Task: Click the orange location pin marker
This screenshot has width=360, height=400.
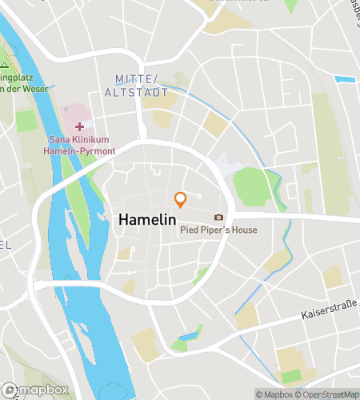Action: coord(181,199)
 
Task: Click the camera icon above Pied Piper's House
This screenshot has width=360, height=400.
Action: coord(218,218)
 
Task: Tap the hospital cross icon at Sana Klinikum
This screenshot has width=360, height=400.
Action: coord(79,126)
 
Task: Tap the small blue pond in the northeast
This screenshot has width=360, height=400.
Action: coord(344,79)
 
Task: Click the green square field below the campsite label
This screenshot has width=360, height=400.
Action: coord(26,121)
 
